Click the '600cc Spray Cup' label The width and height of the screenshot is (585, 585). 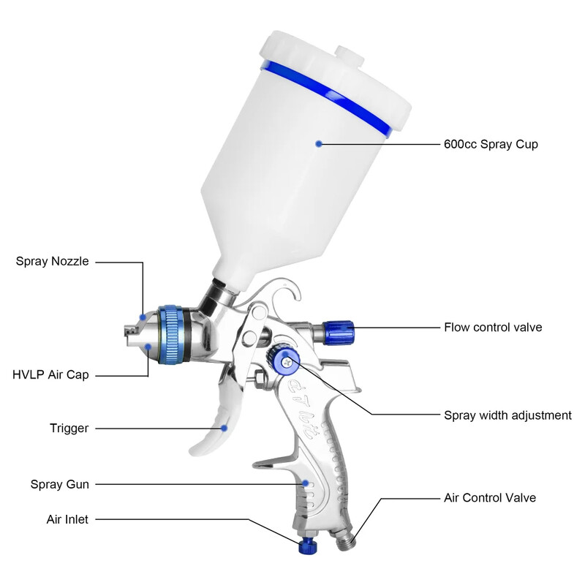coord(490,144)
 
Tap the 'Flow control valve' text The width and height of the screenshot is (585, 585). coord(493,327)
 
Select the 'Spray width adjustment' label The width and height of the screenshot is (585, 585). coord(507,415)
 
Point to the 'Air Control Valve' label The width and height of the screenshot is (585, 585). coord(490,498)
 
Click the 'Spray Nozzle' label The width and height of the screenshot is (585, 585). coord(52,261)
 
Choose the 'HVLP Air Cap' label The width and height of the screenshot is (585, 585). coord(50,375)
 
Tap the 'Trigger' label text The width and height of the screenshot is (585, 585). coord(69,429)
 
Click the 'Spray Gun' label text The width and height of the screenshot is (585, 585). coord(59,484)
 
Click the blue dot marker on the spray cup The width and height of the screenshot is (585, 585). coord(319,144)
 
